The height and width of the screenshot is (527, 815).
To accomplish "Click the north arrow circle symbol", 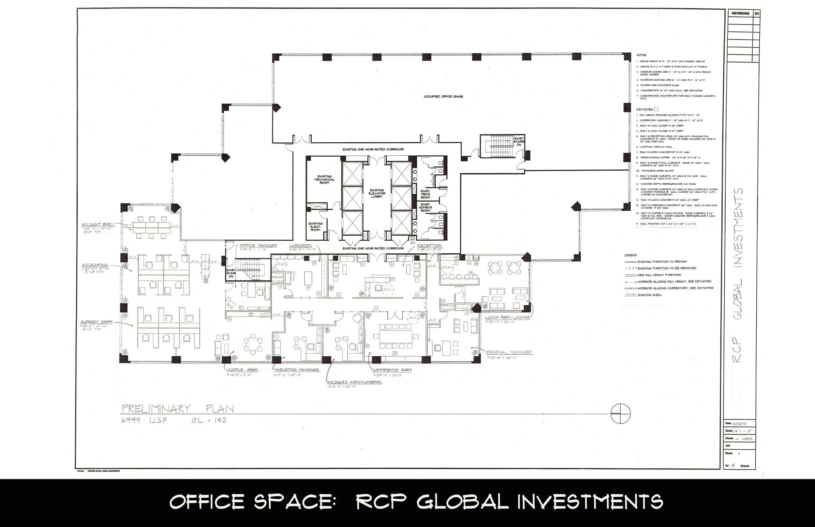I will click(x=620, y=414).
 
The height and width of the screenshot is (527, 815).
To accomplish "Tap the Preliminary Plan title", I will click(x=178, y=408).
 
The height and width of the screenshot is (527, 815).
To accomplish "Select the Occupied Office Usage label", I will click(x=443, y=96).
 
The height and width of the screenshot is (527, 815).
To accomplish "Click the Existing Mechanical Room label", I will click(x=324, y=180).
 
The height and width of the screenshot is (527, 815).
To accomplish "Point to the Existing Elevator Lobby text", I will click(x=377, y=193).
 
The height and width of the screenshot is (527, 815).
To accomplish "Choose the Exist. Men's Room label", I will click(x=425, y=194).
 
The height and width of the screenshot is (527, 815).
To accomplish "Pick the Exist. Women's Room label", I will click(x=425, y=207).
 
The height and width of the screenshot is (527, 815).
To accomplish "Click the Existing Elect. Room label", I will click(x=315, y=227).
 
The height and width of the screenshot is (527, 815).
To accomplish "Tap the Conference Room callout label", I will click(x=392, y=370).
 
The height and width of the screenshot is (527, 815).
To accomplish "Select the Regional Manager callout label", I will click(x=509, y=352).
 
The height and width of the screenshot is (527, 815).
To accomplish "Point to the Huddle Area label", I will click(x=242, y=370).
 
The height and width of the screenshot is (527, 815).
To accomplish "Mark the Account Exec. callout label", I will click(x=97, y=225).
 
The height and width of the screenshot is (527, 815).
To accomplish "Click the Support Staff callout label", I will click(x=96, y=322).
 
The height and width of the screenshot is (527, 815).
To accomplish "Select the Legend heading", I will click(x=630, y=255).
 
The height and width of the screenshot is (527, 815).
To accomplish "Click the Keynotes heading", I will click(x=645, y=109).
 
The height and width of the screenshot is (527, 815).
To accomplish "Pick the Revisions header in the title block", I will click(x=740, y=13).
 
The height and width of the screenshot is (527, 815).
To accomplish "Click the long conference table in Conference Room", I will click(x=395, y=336).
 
